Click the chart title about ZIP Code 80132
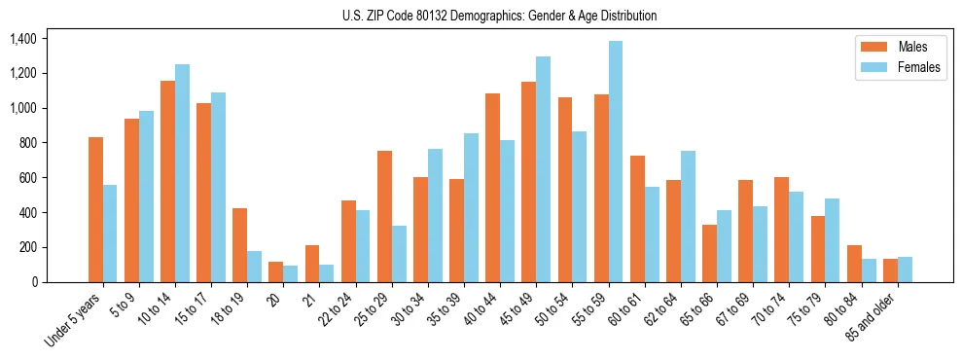pyautogui.click(x=499, y=16)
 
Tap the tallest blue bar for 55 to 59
pyautogui.click(x=616, y=162)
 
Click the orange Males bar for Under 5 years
pyautogui.click(x=95, y=209)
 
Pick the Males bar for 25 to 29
pyautogui.click(x=384, y=216)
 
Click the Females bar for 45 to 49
pyautogui.click(x=543, y=169)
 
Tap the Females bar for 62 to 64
pyautogui.click(x=688, y=216)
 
